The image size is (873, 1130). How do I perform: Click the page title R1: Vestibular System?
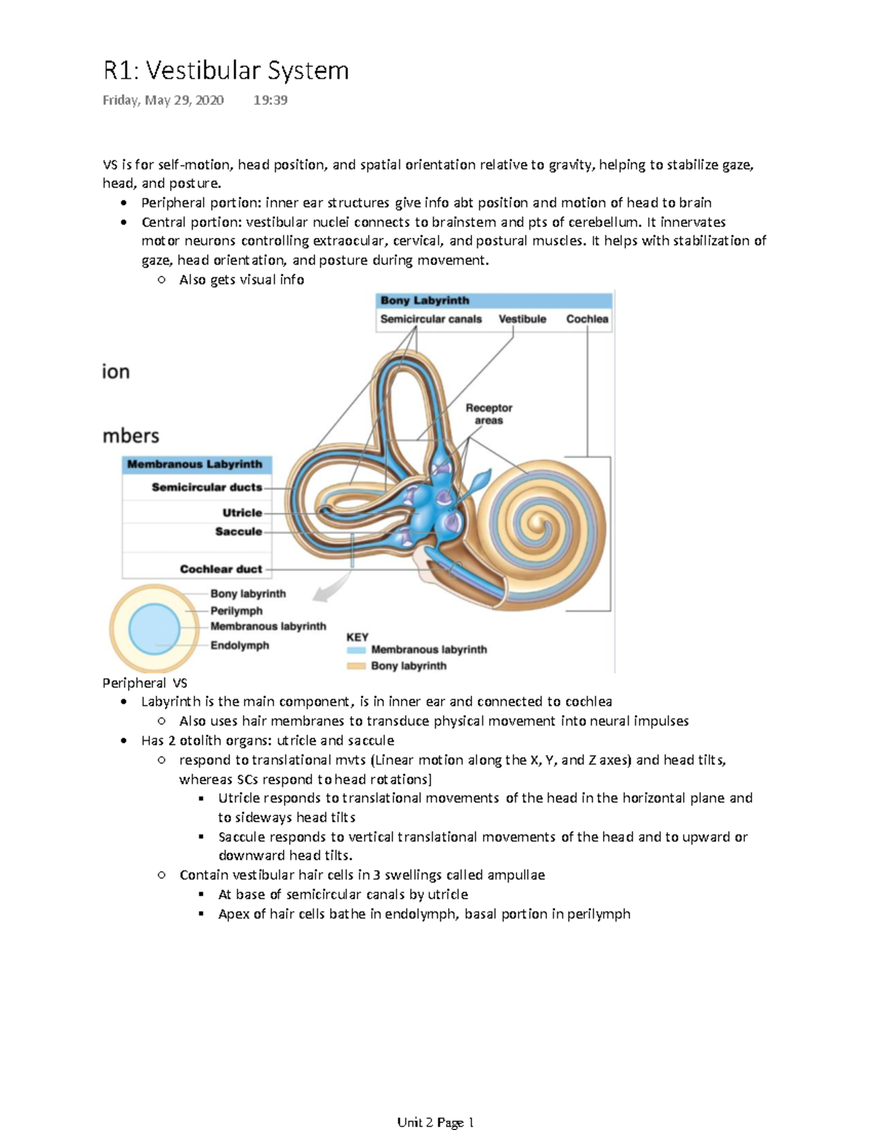[x=226, y=71]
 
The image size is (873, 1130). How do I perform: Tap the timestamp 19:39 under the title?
[x=270, y=100]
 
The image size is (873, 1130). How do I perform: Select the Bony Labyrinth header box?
[x=494, y=301]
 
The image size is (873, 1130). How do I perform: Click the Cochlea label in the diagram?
[x=587, y=319]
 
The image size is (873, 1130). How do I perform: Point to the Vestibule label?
[x=522, y=319]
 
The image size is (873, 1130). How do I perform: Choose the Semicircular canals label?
[x=431, y=319]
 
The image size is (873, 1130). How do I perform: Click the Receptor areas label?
[x=489, y=414]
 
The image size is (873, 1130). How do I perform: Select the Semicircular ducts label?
[x=207, y=487]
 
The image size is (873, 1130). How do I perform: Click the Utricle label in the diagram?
[x=242, y=512]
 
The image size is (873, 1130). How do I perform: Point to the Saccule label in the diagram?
[x=239, y=531]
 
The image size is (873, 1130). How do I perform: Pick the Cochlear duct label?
[x=221, y=569]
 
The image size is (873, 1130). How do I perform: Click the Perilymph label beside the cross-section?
[x=236, y=610]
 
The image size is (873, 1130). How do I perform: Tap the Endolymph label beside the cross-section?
[x=239, y=645]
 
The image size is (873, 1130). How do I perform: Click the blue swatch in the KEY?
[x=356, y=650]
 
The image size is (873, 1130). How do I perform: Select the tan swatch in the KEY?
[x=356, y=666]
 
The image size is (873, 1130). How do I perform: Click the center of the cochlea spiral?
[x=539, y=521]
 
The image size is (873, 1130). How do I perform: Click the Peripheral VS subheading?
[x=145, y=683]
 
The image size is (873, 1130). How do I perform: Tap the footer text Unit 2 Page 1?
[x=435, y=1122]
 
